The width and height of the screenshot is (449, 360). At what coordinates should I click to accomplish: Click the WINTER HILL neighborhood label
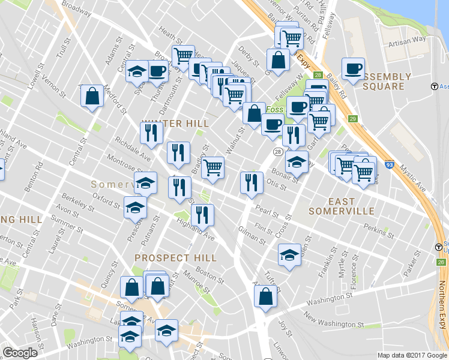click(x=175, y=124)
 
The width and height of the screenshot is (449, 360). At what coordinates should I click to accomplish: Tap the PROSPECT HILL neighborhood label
click(x=175, y=257)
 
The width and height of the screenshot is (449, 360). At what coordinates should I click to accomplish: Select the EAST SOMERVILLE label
click(x=341, y=206)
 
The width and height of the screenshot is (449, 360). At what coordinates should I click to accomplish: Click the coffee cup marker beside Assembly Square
click(x=353, y=68)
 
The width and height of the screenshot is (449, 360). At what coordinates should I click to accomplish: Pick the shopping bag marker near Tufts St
click(x=265, y=296)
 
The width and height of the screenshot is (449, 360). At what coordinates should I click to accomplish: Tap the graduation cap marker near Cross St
click(x=289, y=254)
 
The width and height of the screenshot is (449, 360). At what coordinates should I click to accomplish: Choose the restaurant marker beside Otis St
click(x=252, y=182)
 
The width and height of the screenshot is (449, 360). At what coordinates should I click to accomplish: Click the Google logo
click(x=20, y=353)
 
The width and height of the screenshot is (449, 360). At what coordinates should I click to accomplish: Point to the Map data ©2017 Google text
click(x=412, y=355)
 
